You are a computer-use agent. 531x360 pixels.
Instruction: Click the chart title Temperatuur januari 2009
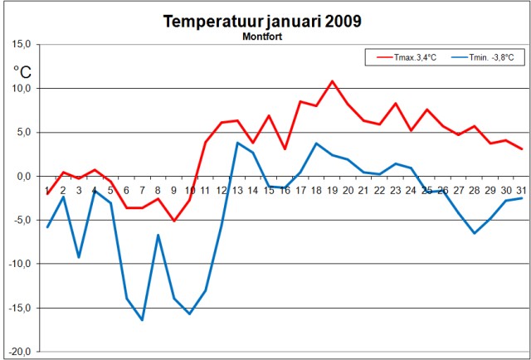click(x=262, y=22)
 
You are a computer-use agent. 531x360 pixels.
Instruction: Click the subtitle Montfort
click(x=262, y=36)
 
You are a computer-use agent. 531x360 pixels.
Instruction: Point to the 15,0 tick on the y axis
click(x=20, y=45)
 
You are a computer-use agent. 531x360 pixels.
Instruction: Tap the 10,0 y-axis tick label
click(x=20, y=89)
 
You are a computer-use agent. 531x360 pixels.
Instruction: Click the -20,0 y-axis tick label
click(x=18, y=353)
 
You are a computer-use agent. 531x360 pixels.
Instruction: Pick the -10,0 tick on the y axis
click(x=18, y=265)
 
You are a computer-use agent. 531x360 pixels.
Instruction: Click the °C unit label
click(x=22, y=72)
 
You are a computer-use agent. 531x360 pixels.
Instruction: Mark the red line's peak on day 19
click(x=332, y=81)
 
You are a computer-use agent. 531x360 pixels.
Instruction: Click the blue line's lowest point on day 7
click(x=142, y=319)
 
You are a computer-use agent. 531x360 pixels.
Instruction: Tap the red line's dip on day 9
click(x=173, y=221)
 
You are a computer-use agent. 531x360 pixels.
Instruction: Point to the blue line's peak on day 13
click(x=237, y=143)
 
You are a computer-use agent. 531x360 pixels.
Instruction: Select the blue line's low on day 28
click(x=474, y=233)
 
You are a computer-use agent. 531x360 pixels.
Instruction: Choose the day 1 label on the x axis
click(x=47, y=189)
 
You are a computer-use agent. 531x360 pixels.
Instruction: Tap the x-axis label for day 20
click(x=348, y=189)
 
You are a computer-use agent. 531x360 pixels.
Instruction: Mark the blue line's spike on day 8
click(x=158, y=235)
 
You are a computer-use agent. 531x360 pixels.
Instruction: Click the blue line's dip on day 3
click(x=79, y=257)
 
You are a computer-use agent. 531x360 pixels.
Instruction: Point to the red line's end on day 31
click(x=521, y=149)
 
